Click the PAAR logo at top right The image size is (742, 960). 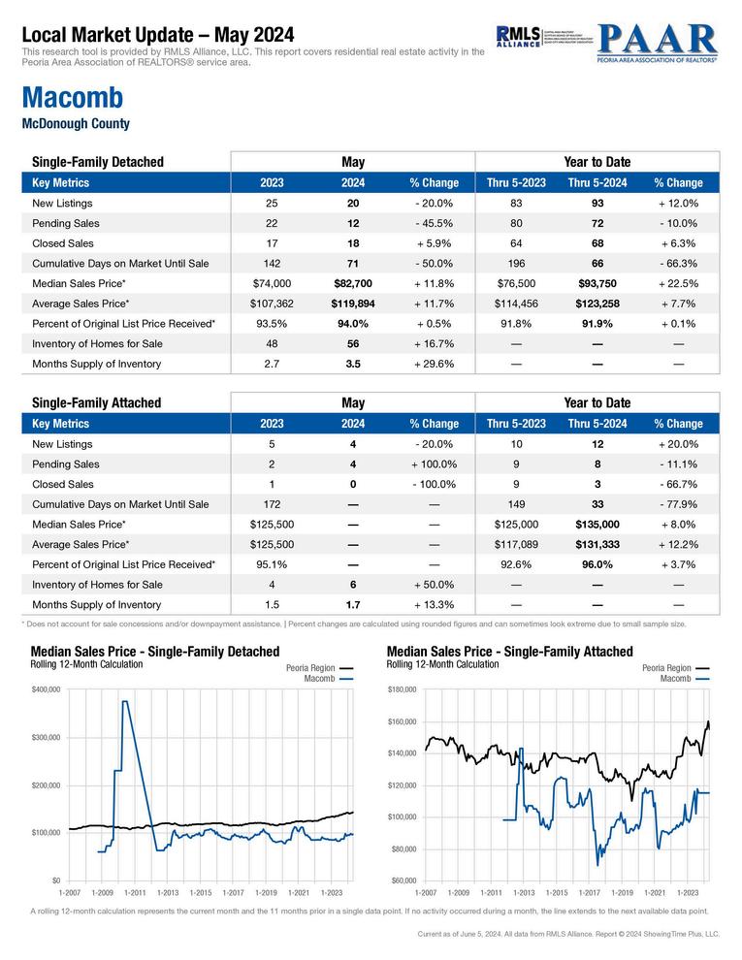pos(657,44)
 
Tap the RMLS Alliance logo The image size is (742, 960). pos(518,38)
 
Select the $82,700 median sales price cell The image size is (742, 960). pos(353,283)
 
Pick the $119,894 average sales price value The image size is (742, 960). pos(353,304)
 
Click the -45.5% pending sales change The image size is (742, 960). pos(434,223)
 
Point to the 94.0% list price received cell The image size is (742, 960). pos(353,324)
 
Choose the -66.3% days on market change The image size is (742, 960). pos(678,263)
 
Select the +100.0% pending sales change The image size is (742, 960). pos(434,464)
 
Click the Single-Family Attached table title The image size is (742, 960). pos(97,402)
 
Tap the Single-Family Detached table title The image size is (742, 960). pos(98,162)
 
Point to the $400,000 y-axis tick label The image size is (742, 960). pos(46,689)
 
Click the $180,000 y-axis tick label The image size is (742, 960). pos(401,689)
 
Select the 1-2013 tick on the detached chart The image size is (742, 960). pos(168,891)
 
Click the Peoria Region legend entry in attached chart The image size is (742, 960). pos(666,668)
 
